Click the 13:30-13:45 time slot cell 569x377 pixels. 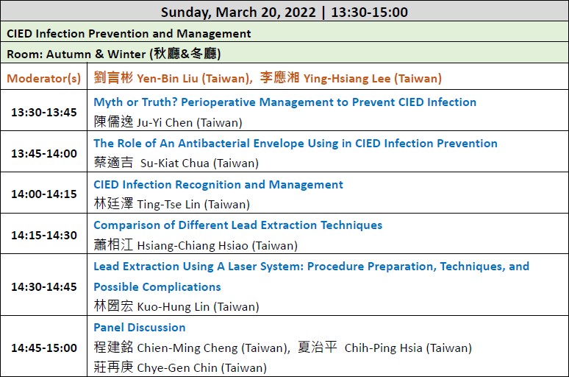point(44,113)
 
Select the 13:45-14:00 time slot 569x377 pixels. point(44,153)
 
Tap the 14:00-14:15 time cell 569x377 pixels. point(44,194)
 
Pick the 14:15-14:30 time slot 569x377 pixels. point(44,235)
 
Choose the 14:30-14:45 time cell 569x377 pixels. point(44,287)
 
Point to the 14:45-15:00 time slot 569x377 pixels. point(44,348)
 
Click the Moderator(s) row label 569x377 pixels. point(44,79)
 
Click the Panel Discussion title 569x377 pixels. point(140,327)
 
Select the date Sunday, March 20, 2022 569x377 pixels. point(238,12)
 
